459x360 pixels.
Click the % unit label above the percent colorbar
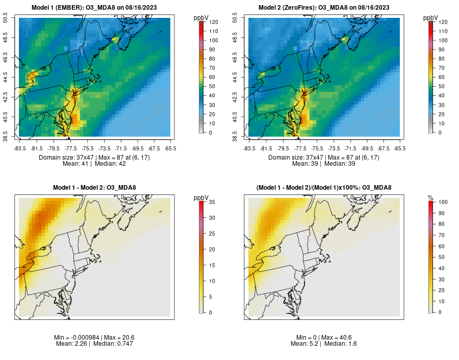click(430, 197)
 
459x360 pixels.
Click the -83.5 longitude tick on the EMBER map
click(20, 148)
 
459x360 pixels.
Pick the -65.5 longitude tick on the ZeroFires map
click(400, 148)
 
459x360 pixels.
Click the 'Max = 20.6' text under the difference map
click(117, 337)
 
